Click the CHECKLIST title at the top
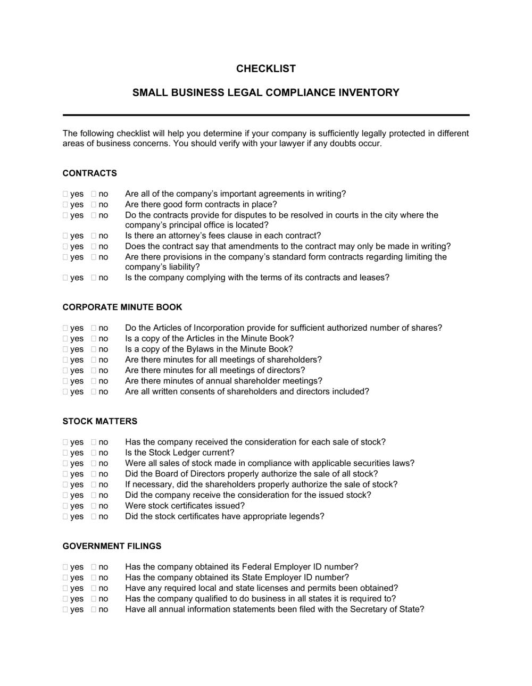(x=265, y=69)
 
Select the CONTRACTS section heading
(x=89, y=173)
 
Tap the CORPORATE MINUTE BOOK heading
(x=122, y=307)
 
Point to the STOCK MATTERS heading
(x=100, y=421)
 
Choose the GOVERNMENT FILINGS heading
(x=112, y=546)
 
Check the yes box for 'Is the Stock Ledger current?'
(x=65, y=453)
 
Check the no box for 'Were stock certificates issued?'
(x=94, y=506)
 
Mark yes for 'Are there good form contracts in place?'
(x=65, y=205)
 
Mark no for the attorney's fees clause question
(x=94, y=236)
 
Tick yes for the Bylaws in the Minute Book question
(x=65, y=349)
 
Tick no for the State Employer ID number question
(x=94, y=578)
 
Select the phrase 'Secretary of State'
(x=387, y=609)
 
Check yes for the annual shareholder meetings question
(x=65, y=381)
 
